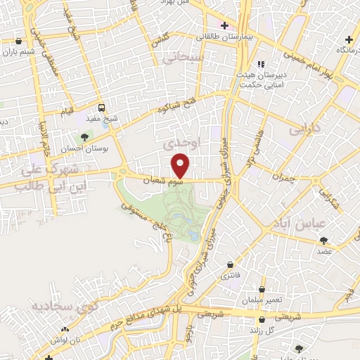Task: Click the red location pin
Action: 181,165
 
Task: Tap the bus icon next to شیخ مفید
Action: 102,108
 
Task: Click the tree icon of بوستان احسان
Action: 85,137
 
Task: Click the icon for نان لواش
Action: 65,330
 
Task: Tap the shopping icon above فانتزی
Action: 231,264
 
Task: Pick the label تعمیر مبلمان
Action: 264,300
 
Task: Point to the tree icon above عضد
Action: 323,240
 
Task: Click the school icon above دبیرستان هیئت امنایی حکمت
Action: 260,64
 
